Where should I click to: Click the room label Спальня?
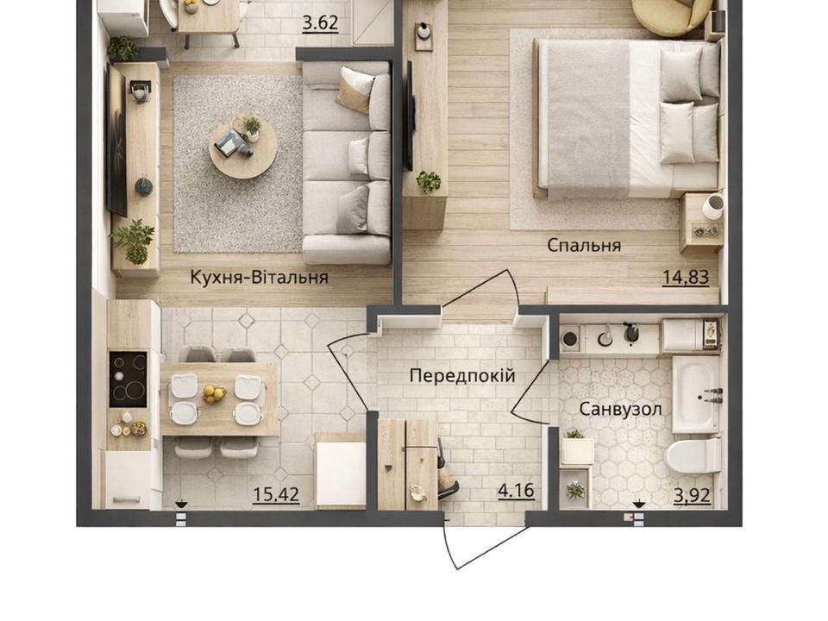[584, 246]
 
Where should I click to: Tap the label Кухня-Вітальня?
[259, 277]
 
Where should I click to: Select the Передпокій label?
[462, 376]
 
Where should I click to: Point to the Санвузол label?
[620, 409]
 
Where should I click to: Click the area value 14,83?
[686, 277]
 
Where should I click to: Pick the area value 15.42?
[276, 495]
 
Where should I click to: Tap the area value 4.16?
[516, 491]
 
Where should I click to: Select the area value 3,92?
[692, 495]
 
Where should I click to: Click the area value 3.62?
[320, 23]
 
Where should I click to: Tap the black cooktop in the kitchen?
[128, 379]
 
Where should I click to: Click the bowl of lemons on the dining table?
[215, 393]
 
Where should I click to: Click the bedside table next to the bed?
[701, 223]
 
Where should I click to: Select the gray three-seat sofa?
[347, 162]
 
